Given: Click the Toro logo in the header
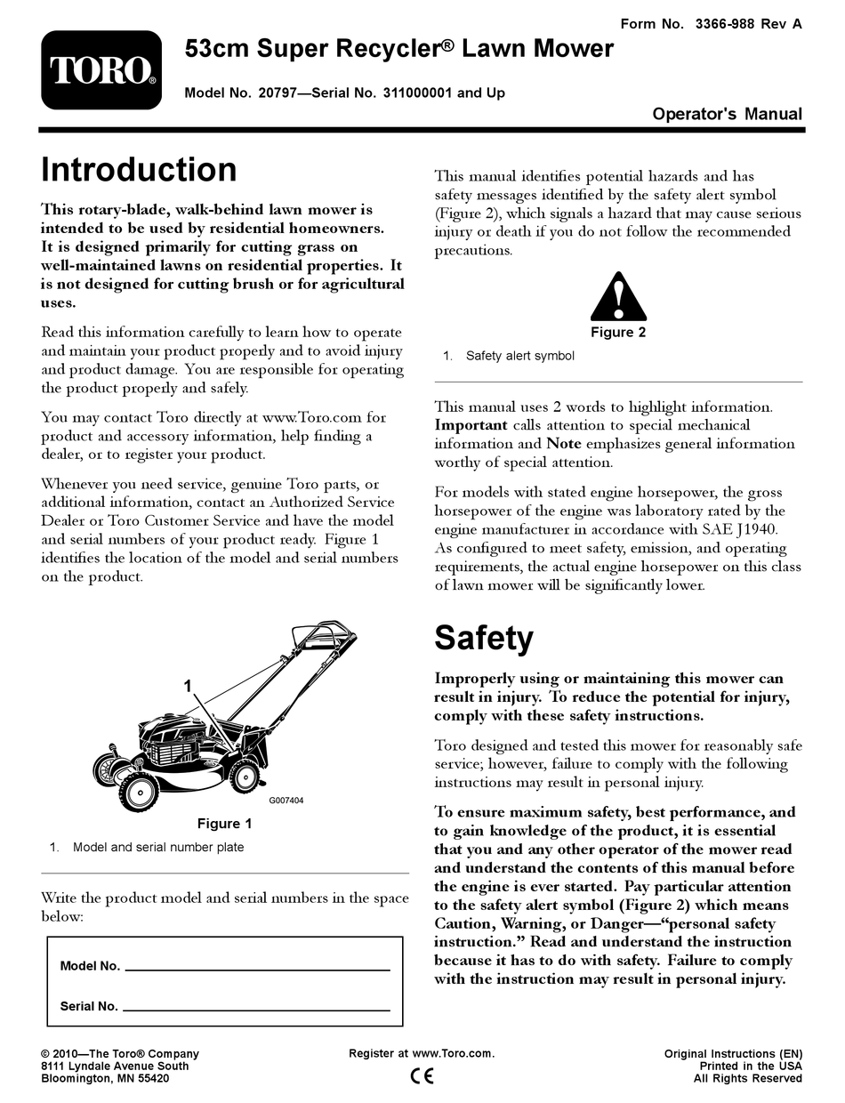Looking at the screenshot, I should [x=102, y=70].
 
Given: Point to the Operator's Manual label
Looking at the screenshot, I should [x=727, y=114].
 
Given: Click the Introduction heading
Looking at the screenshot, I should [x=140, y=170].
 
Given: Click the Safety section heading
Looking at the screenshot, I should [x=484, y=637].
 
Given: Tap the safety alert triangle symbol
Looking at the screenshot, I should [x=618, y=297].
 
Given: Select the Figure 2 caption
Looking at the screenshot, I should [x=618, y=333].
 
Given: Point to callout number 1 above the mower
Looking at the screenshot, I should [x=188, y=685].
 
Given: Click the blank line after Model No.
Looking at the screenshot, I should [x=256, y=968].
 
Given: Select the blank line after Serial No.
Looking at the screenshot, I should [x=256, y=1009].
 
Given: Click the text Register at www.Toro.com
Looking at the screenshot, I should [x=422, y=1054].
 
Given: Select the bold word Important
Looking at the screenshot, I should [x=471, y=425].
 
